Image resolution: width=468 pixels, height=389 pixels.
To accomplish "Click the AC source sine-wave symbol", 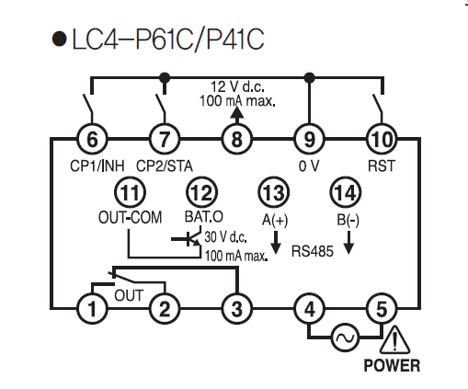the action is [x=346, y=338].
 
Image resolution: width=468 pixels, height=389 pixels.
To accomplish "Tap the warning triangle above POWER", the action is [x=395, y=339].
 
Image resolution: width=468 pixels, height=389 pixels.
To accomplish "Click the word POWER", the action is [x=392, y=365].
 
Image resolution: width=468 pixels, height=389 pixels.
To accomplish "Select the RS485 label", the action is [x=312, y=251].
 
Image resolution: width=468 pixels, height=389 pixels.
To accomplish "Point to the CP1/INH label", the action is [x=97, y=166].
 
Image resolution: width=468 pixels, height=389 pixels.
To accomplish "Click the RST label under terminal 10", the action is [x=382, y=166].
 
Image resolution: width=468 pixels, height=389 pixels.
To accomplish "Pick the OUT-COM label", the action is [x=130, y=217].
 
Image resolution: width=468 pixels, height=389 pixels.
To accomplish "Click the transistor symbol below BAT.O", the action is [x=188, y=238].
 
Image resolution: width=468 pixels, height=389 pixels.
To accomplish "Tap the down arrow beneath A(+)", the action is [x=276, y=243].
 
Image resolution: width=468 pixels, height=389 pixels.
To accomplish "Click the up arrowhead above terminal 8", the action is [x=237, y=112].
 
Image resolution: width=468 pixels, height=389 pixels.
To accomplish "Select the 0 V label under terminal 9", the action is [x=309, y=166].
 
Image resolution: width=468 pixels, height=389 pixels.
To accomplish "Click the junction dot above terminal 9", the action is [x=310, y=77].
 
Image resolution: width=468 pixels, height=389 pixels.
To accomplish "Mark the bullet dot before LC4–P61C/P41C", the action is [x=59, y=39].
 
